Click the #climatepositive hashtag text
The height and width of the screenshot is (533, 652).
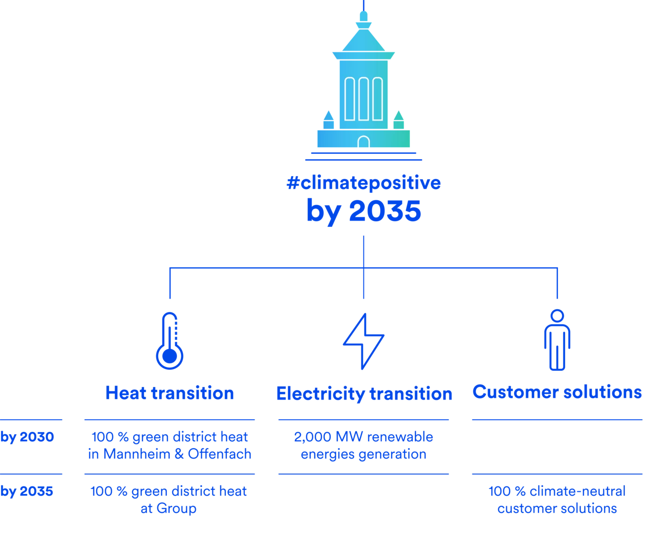(364, 183)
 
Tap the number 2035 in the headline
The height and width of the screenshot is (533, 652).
(385, 211)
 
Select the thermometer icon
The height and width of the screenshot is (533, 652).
(170, 341)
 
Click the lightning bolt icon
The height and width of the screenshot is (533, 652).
(364, 341)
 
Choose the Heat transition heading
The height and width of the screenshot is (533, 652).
(170, 393)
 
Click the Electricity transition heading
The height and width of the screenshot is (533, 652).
(364, 394)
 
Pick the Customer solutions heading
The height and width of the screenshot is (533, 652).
(557, 392)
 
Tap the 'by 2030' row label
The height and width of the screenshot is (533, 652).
(27, 437)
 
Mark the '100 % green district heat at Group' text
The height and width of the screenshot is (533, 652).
(169, 500)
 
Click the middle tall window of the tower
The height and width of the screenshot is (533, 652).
(363, 99)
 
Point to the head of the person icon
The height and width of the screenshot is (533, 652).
(557, 314)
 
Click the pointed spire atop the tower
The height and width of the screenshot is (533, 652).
(363, 19)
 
